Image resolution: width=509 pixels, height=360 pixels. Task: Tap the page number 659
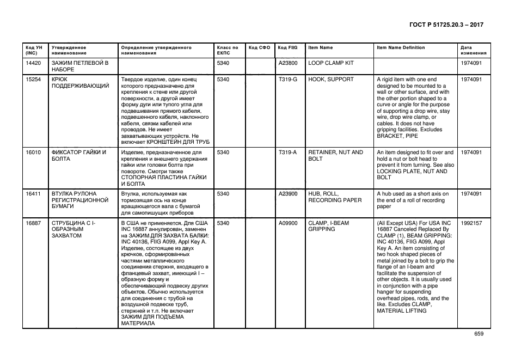coord(479,334)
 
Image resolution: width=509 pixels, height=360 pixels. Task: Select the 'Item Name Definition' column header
coord(401,47)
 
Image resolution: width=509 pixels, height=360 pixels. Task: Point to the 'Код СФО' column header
coord(259,47)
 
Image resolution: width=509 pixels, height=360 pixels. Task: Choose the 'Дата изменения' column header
coord(471,51)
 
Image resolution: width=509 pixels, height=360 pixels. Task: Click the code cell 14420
coord(34,63)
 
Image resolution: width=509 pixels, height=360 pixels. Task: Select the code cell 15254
coord(34,80)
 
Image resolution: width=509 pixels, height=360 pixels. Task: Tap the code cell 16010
coord(34,152)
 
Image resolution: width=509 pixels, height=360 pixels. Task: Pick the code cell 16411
coord(34,193)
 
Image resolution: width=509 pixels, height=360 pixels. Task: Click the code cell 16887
coord(34,223)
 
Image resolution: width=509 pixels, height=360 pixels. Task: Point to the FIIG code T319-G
coord(288,80)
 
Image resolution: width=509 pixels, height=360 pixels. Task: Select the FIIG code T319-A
coord(288,152)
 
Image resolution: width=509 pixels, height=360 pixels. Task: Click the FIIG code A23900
coord(288,193)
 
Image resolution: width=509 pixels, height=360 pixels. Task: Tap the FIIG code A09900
coord(288,223)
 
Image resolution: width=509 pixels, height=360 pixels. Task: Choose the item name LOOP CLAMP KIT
coord(331,63)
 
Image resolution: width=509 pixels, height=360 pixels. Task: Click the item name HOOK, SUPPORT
coord(331,80)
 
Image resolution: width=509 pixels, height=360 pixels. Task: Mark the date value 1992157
coord(471,223)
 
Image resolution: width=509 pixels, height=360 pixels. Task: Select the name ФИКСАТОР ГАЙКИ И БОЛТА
coord(78,156)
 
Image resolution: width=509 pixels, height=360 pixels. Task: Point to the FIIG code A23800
coord(288,63)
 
